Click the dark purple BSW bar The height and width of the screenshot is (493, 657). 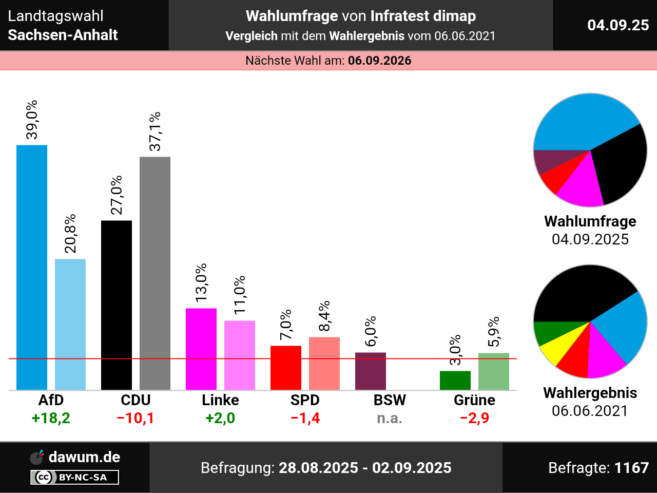click(x=370, y=371)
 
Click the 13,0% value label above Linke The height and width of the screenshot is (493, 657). click(x=201, y=282)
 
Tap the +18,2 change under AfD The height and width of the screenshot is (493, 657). click(x=51, y=418)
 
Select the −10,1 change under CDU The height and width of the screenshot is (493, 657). click(x=136, y=418)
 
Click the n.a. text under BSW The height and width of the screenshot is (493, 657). click(x=390, y=418)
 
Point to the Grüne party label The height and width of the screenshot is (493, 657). click(x=474, y=400)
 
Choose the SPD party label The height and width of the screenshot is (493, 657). click(x=305, y=400)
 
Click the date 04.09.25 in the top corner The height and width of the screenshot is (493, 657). click(x=618, y=25)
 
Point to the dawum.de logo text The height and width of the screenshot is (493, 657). click(x=84, y=457)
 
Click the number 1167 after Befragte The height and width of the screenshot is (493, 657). click(x=631, y=468)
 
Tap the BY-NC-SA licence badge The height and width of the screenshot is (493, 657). click(x=75, y=478)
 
